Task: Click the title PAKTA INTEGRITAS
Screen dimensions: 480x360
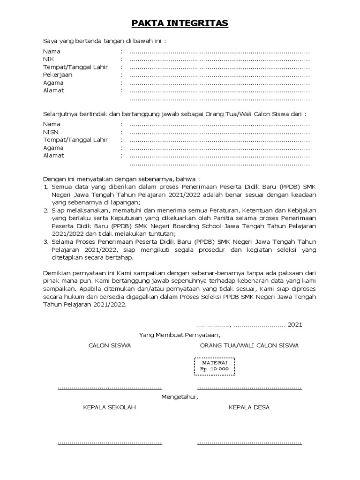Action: (x=180, y=23)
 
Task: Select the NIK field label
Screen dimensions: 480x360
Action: (x=48, y=60)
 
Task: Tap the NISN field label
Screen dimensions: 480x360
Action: (x=51, y=132)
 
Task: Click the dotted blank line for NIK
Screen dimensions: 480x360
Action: (x=220, y=60)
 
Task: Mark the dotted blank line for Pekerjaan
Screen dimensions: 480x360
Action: (x=220, y=75)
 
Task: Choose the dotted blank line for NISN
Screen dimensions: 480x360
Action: (x=220, y=133)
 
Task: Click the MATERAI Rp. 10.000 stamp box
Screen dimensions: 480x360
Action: (x=215, y=366)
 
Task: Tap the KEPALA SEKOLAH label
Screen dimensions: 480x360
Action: (x=109, y=407)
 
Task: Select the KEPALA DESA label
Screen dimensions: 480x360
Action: (x=249, y=407)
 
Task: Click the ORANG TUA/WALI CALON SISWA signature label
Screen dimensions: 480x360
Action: (x=249, y=346)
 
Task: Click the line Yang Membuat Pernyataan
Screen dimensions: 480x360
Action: (x=180, y=335)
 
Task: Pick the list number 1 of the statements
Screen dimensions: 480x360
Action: (x=46, y=187)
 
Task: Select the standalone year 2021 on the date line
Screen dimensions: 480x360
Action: (x=295, y=324)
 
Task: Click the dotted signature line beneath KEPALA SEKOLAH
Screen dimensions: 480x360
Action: (x=109, y=442)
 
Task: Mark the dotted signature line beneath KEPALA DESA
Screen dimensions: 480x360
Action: (x=249, y=442)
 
